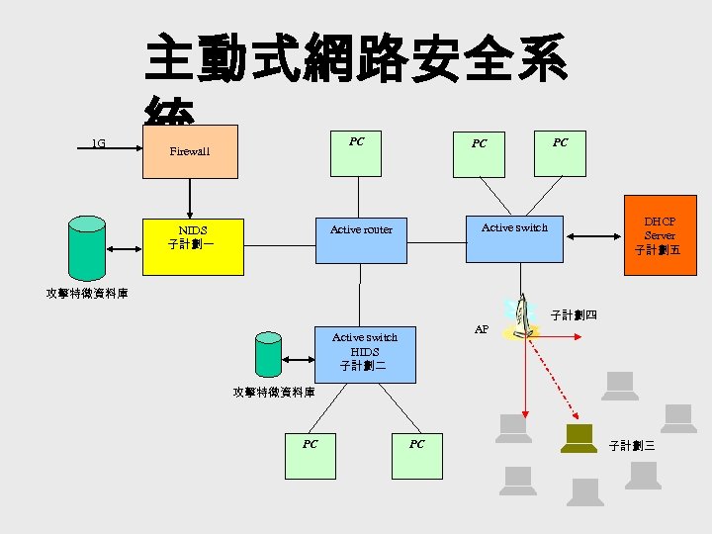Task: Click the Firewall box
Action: click(190, 151)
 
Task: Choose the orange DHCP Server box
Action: click(660, 236)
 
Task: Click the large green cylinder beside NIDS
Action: click(86, 246)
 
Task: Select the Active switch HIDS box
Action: click(364, 352)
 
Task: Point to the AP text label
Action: click(482, 329)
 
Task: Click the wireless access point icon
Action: click(518, 319)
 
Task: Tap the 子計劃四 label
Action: click(574, 315)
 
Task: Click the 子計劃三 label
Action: click(632, 446)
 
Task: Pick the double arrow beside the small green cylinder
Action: click(298, 354)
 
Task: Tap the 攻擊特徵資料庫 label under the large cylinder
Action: click(87, 294)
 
